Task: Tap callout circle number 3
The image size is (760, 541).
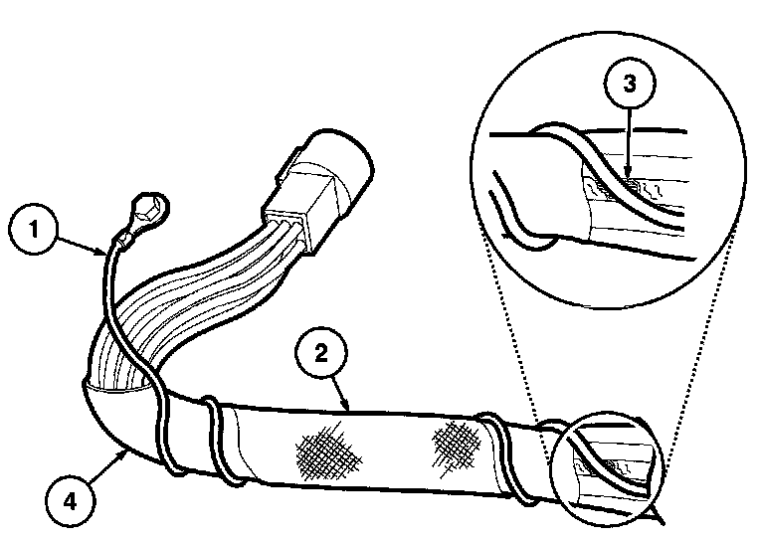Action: [x=626, y=85]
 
